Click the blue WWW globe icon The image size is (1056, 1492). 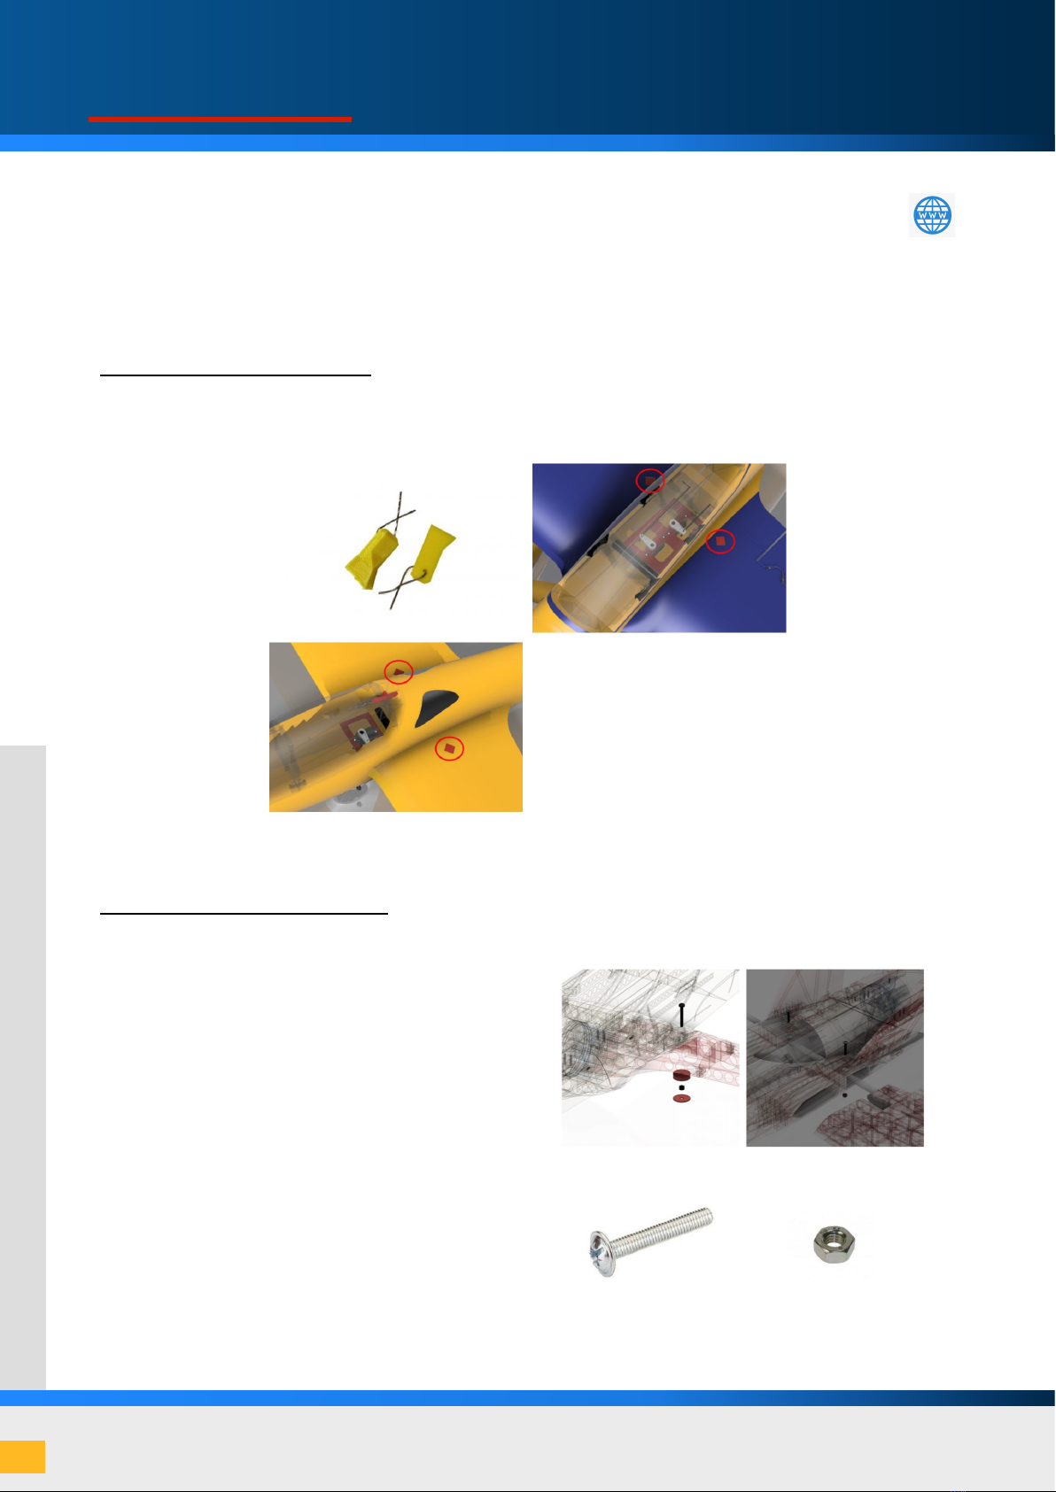click(x=931, y=215)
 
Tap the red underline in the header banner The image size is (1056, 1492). click(x=220, y=120)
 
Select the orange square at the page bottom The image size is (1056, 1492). click(x=23, y=1456)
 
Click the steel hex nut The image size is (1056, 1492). click(x=835, y=1243)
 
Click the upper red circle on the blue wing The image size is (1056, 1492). click(x=649, y=480)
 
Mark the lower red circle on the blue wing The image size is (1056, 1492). click(x=720, y=542)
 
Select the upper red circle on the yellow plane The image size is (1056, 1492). click(x=399, y=672)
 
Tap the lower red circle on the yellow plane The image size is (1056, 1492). click(x=449, y=749)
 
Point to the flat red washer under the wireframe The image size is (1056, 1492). click(x=681, y=1098)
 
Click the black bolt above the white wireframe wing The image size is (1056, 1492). click(x=681, y=1015)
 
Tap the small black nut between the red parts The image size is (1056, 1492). click(x=681, y=1087)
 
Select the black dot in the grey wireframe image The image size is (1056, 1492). click(x=845, y=1095)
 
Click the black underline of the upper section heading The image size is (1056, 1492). click(x=235, y=375)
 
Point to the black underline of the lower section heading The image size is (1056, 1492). click(x=244, y=914)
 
